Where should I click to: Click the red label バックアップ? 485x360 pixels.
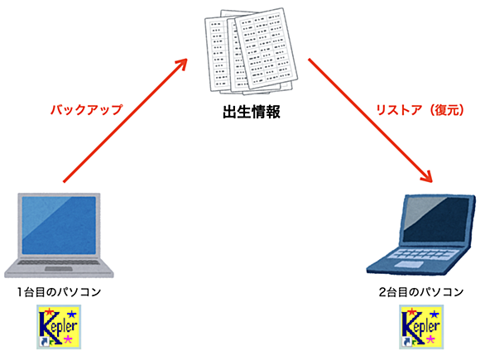(x=86, y=110)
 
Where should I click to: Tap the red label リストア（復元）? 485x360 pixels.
(x=420, y=110)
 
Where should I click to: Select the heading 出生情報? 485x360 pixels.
(x=252, y=112)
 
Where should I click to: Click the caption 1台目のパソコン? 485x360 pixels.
(x=59, y=292)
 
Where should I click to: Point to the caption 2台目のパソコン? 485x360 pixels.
(x=421, y=292)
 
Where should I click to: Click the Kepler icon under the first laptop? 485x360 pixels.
(x=59, y=327)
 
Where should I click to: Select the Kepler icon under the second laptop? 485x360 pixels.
(x=421, y=327)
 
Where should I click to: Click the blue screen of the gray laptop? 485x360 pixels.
(x=59, y=225)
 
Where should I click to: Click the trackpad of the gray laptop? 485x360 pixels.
(x=59, y=269)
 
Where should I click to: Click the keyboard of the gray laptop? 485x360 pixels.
(x=59, y=262)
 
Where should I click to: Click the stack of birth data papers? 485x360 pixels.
(x=251, y=51)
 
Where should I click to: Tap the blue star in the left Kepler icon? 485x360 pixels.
(x=72, y=314)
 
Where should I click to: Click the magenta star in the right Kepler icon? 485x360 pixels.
(x=430, y=339)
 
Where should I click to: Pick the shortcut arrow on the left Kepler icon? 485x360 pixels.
(x=44, y=342)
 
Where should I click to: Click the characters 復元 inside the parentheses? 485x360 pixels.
(x=446, y=110)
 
